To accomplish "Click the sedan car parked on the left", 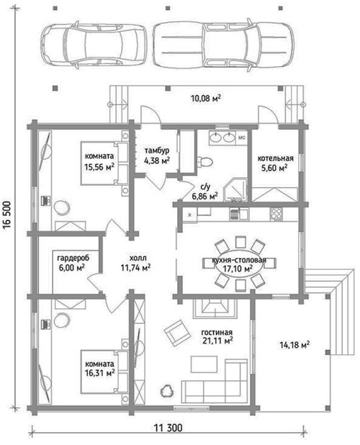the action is [94, 45].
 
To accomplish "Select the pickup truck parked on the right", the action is [223, 45].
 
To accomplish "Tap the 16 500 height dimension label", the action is [7, 215].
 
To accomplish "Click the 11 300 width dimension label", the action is [168, 428].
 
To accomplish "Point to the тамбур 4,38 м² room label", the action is [157, 156].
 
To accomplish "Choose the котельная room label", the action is [275, 158].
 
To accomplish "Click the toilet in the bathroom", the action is [205, 161].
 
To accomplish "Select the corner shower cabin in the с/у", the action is [235, 190].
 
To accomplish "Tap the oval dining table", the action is [238, 265].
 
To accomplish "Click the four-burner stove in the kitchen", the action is [276, 214].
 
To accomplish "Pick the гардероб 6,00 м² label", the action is [73, 263].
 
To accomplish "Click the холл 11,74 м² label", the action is [135, 263].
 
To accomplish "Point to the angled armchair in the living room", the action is [177, 333].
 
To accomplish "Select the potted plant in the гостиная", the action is [166, 392].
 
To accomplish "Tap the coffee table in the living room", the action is [204, 364].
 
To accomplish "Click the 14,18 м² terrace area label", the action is [294, 345].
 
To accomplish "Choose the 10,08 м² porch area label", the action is [206, 99].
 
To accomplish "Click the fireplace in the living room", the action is [215, 309].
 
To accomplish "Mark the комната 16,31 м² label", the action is [99, 368].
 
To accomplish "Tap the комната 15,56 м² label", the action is [99, 161].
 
